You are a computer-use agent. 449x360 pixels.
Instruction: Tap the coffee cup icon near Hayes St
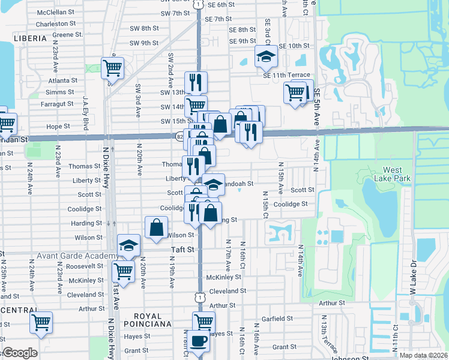click(x=199, y=341)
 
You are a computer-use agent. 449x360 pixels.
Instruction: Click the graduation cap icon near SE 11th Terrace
click(x=266, y=56)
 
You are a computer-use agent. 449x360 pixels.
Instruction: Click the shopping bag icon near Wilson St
click(x=156, y=227)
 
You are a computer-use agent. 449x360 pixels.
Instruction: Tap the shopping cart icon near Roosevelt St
click(x=124, y=270)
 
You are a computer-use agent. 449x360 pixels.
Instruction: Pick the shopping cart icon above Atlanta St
click(x=112, y=68)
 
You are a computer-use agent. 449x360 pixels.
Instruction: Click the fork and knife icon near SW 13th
click(x=196, y=82)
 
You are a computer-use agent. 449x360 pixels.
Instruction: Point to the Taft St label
click(x=184, y=249)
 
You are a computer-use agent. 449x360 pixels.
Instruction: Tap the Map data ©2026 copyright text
click(x=423, y=355)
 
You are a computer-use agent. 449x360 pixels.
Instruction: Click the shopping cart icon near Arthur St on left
click(x=41, y=323)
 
